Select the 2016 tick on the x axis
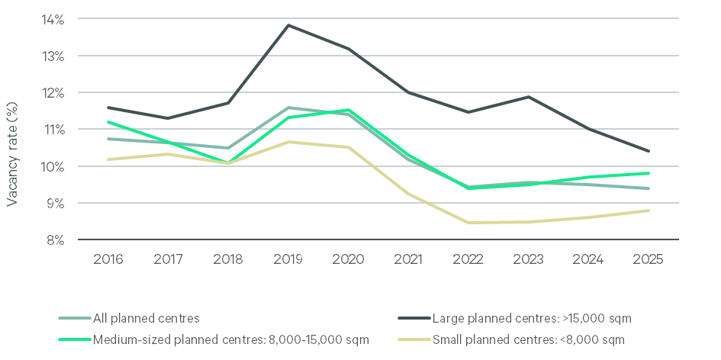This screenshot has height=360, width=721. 108,259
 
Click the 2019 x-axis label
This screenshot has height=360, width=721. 288,259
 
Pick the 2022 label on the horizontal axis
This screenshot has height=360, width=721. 468,259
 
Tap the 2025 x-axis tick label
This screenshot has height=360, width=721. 649,259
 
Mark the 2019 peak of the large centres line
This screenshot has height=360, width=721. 288,25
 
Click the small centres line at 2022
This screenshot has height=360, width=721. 468,223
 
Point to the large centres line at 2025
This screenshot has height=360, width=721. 649,151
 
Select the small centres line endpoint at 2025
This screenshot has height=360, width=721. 649,211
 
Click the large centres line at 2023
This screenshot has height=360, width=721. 529,97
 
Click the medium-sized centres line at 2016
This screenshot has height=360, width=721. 108,122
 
